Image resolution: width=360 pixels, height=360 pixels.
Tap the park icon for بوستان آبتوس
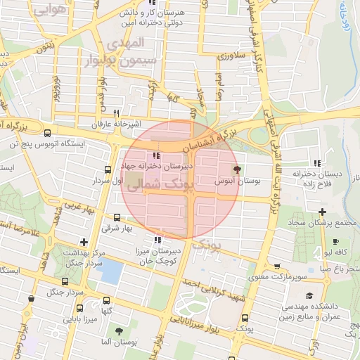[237, 169]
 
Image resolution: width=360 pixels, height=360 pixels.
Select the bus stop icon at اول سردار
[108, 169]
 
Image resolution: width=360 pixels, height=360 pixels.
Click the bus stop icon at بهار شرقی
[116, 218]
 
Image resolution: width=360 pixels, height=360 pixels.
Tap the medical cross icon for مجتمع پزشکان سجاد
[321, 212]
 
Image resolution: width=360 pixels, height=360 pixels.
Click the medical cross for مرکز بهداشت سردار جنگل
[84, 243]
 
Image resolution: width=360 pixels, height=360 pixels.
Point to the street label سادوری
[230, 55]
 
